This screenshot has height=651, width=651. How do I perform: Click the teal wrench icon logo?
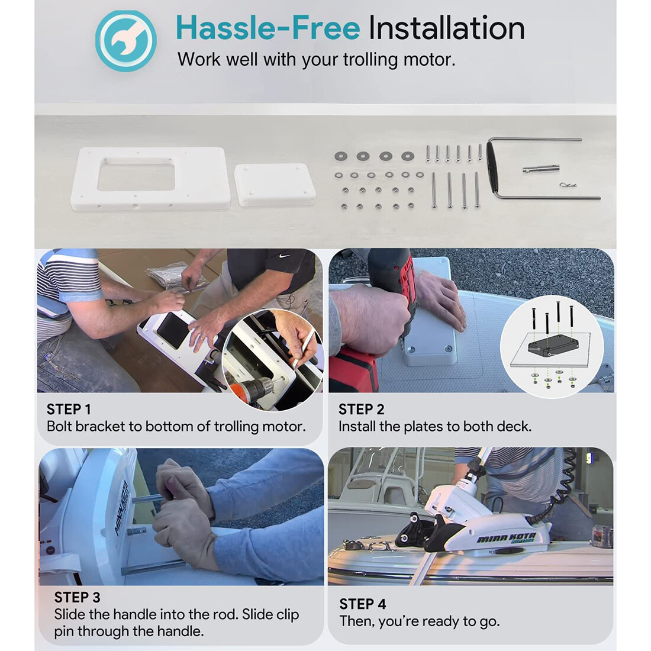click(126, 41)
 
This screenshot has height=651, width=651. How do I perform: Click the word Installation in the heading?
click(446, 28)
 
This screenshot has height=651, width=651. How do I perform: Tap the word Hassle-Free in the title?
click(268, 28)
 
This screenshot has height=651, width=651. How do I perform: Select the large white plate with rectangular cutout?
click(151, 179)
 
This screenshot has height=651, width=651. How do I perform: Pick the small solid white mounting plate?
click(275, 185)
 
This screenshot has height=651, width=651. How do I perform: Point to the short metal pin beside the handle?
click(541, 169)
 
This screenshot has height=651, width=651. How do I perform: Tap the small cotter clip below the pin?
click(568, 185)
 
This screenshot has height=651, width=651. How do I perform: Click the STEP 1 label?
click(69, 410)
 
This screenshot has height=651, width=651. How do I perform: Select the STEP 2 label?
click(361, 410)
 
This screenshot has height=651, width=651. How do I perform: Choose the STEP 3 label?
click(77, 598)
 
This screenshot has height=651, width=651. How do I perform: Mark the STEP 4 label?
click(362, 604)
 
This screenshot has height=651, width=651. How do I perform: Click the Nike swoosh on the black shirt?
click(284, 256)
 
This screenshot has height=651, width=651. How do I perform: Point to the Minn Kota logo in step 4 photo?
click(506, 539)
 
